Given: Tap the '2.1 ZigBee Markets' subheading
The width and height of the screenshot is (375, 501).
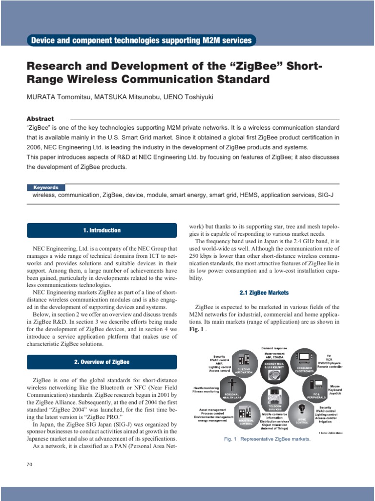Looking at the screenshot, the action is tap(264, 293).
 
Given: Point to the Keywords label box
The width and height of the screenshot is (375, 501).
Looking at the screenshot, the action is tap(46, 187).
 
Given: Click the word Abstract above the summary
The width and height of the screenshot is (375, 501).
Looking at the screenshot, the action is tap(40, 119).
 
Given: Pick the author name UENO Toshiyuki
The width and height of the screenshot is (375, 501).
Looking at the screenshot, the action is tap(186, 97).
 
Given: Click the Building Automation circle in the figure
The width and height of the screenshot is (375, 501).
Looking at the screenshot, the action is tap(246, 365).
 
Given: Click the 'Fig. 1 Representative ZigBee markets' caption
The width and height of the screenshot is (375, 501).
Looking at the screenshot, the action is tap(267, 439).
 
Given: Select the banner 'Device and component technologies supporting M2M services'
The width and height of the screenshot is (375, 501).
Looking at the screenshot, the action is tap(142, 41).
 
